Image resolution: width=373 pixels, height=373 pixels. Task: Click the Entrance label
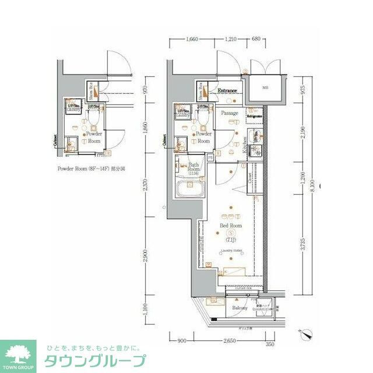click(x=227, y=91)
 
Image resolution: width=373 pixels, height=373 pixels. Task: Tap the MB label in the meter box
click(x=265, y=88)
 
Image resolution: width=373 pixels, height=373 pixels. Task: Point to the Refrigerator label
click(x=254, y=117)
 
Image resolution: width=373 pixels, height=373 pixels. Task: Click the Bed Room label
click(x=231, y=225)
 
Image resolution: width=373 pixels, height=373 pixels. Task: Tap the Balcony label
click(x=240, y=308)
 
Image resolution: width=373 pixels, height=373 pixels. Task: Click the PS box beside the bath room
click(x=210, y=158)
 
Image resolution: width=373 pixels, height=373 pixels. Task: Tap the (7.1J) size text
click(x=231, y=240)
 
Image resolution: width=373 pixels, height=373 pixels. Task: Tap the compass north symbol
click(x=308, y=335)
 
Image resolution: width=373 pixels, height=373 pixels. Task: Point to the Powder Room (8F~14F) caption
click(x=92, y=169)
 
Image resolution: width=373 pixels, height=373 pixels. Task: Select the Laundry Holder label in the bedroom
click(x=231, y=251)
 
